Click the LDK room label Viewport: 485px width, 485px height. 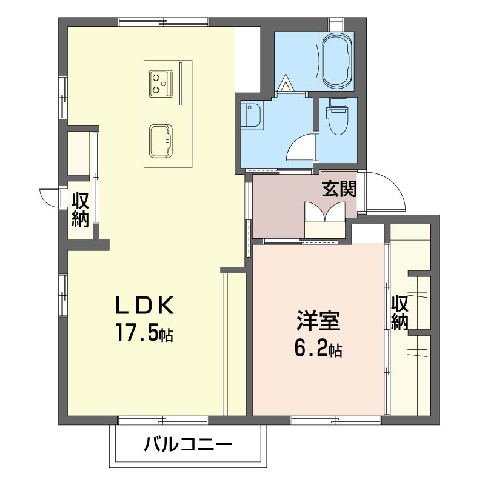point(144,306)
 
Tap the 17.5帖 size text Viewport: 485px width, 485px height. point(144,332)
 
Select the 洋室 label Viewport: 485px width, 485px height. point(318,321)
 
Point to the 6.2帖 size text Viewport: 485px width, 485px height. point(318,349)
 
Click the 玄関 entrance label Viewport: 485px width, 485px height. point(339,189)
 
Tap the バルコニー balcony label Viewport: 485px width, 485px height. point(188,445)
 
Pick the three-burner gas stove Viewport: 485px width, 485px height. point(161,84)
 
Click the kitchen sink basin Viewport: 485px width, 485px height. point(161,141)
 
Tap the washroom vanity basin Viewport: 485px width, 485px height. point(252,115)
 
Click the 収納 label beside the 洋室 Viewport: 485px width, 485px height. point(400,313)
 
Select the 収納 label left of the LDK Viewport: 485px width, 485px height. point(81,210)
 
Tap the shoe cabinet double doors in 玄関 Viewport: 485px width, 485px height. point(325,212)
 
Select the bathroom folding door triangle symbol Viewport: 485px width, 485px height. point(285,83)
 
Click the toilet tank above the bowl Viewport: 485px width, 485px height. point(338,104)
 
